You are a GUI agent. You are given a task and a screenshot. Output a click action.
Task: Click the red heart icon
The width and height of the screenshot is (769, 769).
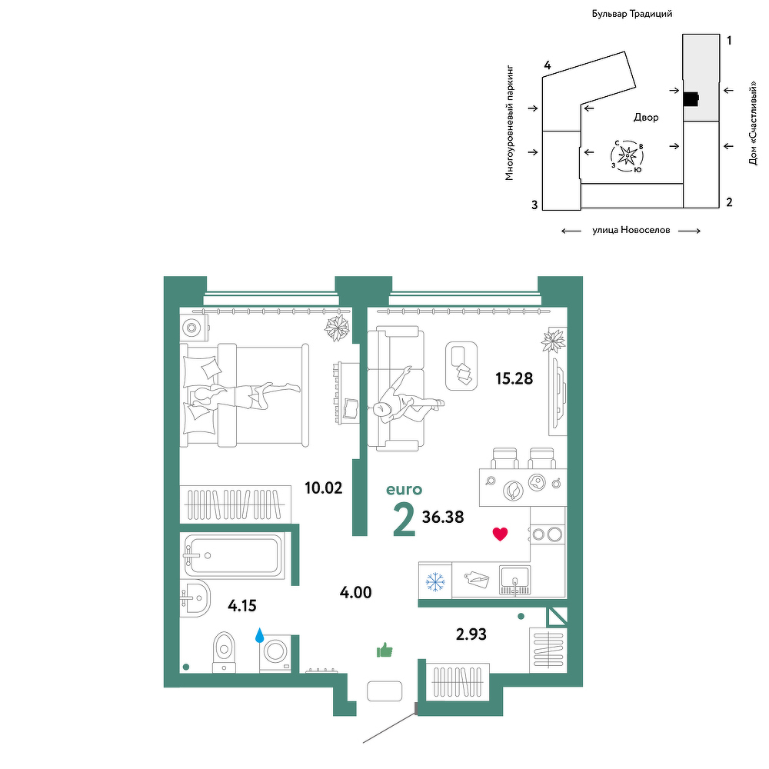point(500,534)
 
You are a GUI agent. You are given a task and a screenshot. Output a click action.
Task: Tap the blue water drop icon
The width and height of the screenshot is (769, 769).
point(259,636)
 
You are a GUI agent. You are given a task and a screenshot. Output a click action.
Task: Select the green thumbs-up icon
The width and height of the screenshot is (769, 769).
point(384,650)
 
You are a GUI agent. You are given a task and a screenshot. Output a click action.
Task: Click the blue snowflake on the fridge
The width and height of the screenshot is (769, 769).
point(435,581)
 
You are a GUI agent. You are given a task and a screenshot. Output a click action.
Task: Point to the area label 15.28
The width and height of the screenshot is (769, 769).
point(514,378)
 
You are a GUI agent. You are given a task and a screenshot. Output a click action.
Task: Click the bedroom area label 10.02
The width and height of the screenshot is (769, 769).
point(323,488)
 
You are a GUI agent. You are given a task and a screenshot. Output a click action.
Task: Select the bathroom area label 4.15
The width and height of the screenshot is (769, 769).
point(242,606)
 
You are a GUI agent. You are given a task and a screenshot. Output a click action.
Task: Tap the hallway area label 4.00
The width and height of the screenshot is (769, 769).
point(355,592)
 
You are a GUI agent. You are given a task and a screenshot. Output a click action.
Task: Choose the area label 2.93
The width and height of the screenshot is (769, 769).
point(471,634)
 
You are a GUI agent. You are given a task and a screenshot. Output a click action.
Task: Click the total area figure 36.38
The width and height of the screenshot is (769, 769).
point(443,517)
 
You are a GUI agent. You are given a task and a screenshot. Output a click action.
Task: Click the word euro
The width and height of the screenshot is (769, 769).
point(404,489)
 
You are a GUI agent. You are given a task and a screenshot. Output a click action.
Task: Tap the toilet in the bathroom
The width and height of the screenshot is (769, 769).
point(224,652)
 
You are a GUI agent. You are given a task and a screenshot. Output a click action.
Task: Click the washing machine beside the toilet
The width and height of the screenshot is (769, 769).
point(275,653)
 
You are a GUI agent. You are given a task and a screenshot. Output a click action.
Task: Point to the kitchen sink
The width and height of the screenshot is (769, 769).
point(514,581)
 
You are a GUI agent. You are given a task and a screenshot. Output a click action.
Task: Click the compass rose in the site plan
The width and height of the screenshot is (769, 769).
point(628,156)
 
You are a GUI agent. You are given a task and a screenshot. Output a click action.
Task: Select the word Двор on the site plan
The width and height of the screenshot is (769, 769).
point(646,117)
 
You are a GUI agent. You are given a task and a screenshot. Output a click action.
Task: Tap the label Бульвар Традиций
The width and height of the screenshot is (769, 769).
point(631,14)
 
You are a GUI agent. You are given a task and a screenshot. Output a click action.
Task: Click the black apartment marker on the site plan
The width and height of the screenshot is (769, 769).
point(691,99)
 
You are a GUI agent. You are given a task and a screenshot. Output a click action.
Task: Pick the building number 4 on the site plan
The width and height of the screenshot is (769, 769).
point(548,65)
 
